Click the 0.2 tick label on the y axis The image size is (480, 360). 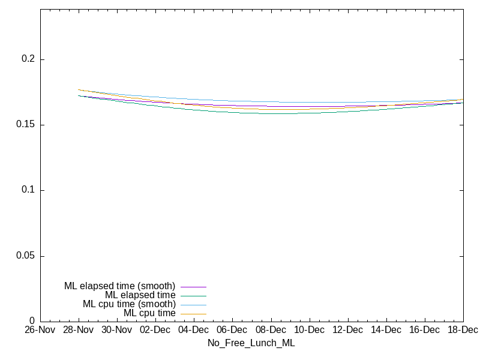click(29, 59)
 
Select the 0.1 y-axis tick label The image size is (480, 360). click(29, 190)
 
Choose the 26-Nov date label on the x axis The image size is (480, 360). click(40, 330)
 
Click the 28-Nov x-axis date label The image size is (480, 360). click(78, 330)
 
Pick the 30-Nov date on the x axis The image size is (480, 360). click(116, 330)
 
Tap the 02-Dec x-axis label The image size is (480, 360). click(155, 330)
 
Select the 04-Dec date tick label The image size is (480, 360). click(193, 330)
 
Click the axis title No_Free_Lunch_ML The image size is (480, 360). click(251, 343)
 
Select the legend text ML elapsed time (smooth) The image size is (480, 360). click(119, 286)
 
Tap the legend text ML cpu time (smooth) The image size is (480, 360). click(129, 304)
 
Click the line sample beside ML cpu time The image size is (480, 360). click(193, 314)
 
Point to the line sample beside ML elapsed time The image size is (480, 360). click(193, 296)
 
